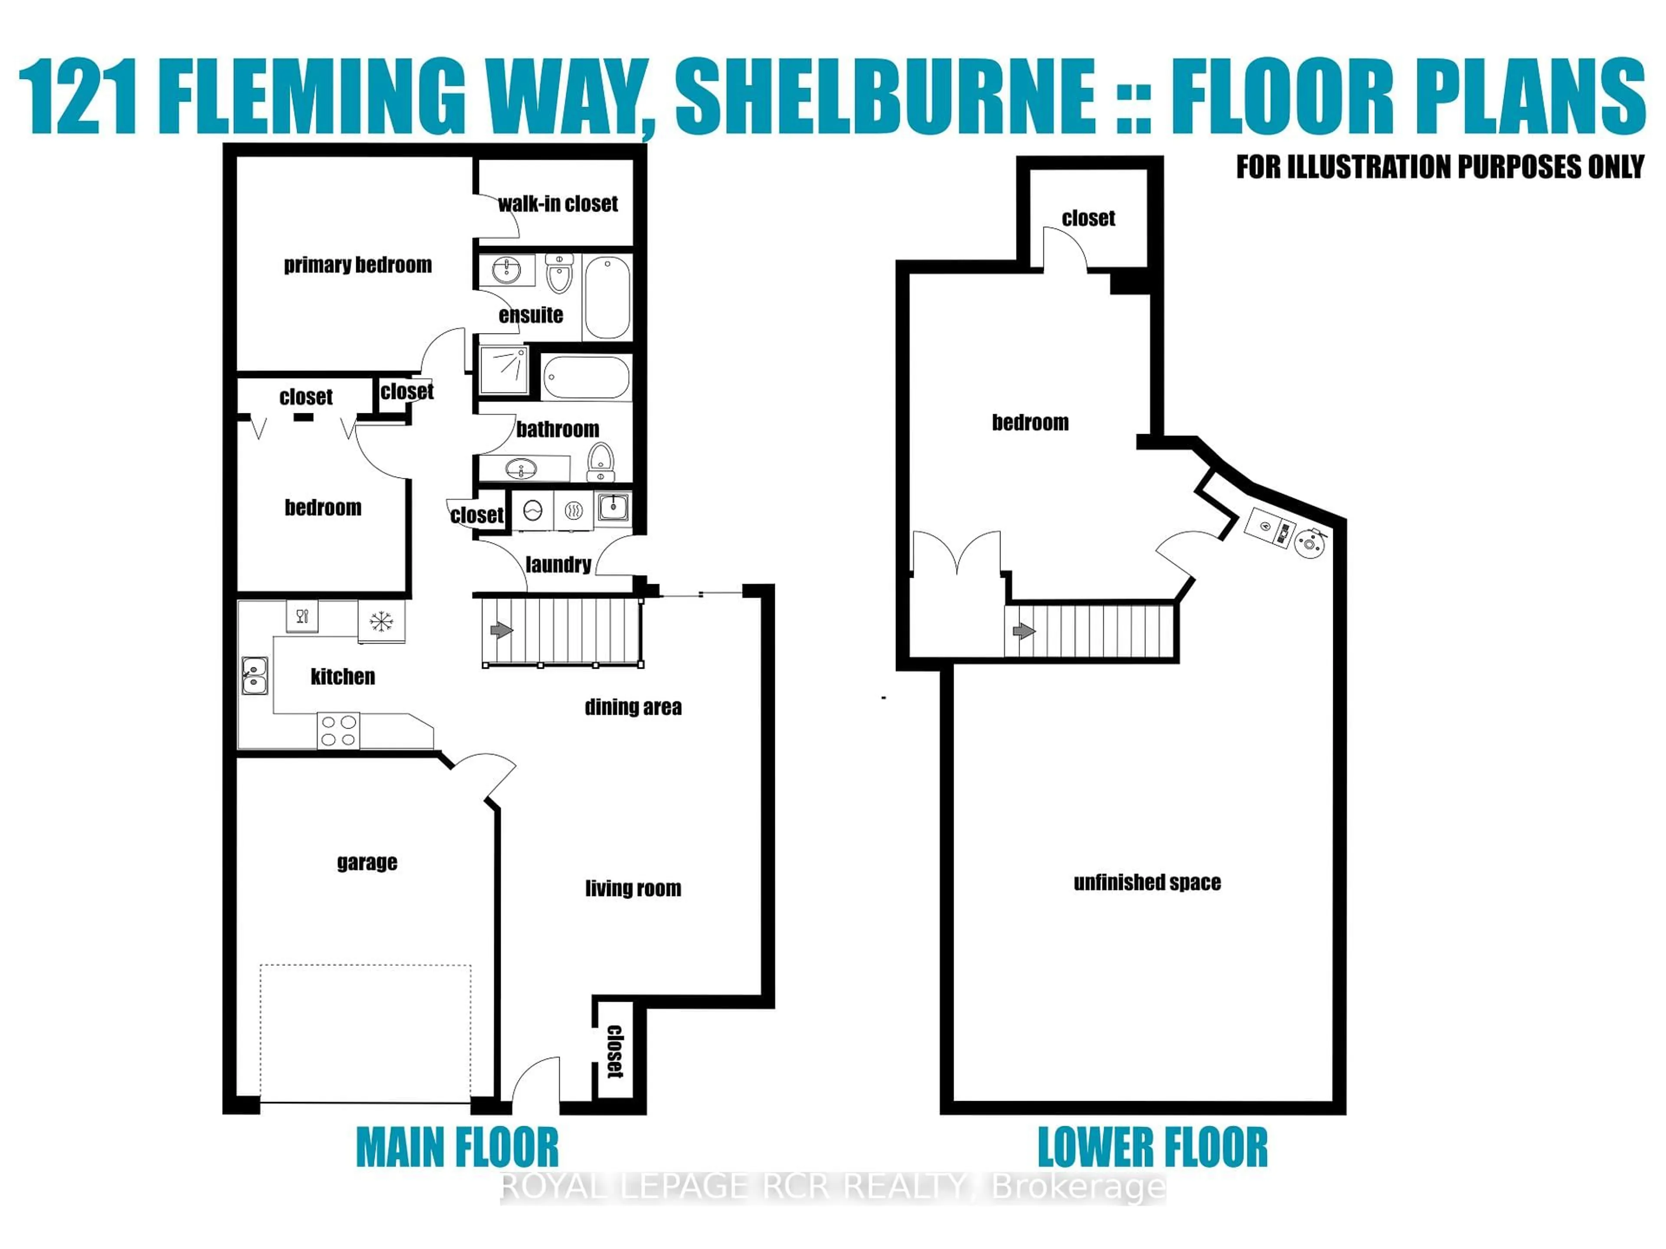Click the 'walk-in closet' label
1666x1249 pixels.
[558, 203]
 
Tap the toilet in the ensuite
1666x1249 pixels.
[559, 274]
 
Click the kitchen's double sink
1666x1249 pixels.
[255, 675]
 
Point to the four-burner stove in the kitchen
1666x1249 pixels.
[338, 730]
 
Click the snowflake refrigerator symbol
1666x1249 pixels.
[381, 621]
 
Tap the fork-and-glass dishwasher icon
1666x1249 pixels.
[302, 616]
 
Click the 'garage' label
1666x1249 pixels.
[367, 862]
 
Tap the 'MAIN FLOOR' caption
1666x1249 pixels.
[457, 1148]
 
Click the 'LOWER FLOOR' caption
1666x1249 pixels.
[1152, 1148]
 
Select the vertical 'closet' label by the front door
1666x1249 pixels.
[615, 1052]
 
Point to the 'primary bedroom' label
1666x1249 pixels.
[358, 265]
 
